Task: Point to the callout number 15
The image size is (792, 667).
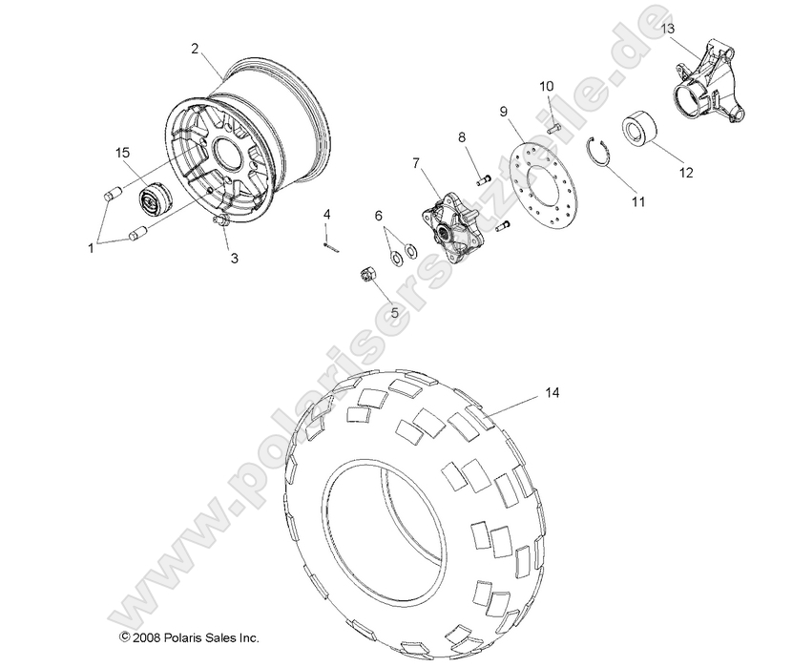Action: pyautogui.click(x=122, y=153)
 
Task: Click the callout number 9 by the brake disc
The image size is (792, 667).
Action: pyautogui.click(x=503, y=111)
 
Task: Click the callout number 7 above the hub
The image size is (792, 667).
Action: pyautogui.click(x=416, y=162)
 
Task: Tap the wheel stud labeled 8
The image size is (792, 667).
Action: pyautogui.click(x=481, y=174)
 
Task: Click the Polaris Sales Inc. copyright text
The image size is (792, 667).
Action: pyautogui.click(x=188, y=636)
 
